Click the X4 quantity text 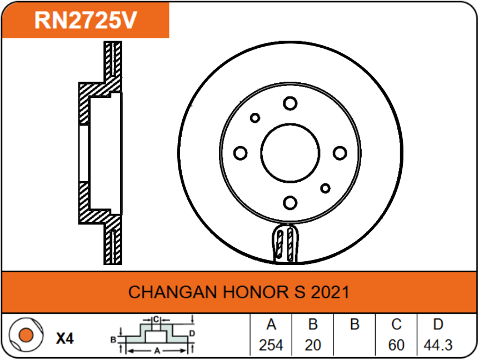(64, 338)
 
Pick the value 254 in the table (271, 346)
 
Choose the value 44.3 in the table (438, 346)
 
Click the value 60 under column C (396, 346)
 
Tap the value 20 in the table (313, 346)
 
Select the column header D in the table (438, 325)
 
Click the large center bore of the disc (290, 153)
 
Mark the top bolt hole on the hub (290, 103)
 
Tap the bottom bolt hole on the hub (290, 202)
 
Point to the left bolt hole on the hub (241, 153)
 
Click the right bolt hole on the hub (340, 153)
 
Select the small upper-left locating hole (255, 118)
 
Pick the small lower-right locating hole (325, 188)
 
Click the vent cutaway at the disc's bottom (286, 243)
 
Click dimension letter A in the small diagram (157, 351)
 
